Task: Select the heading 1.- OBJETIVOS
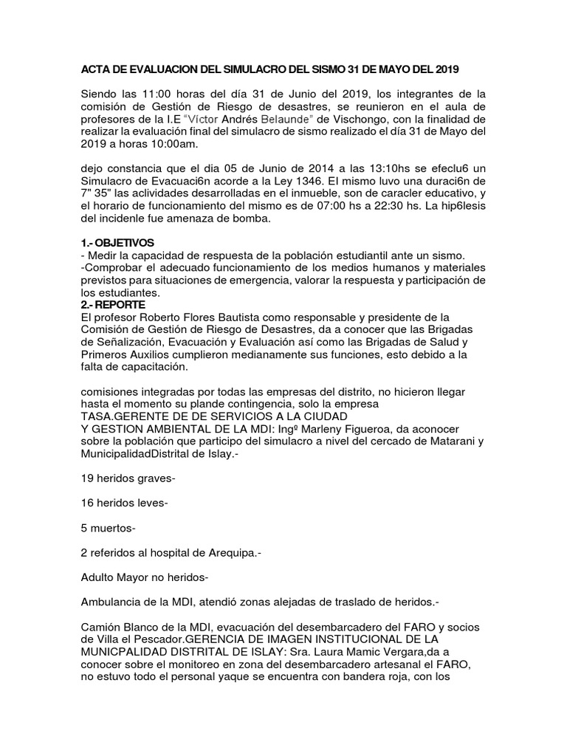[117, 243]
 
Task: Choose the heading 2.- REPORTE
[114, 304]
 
